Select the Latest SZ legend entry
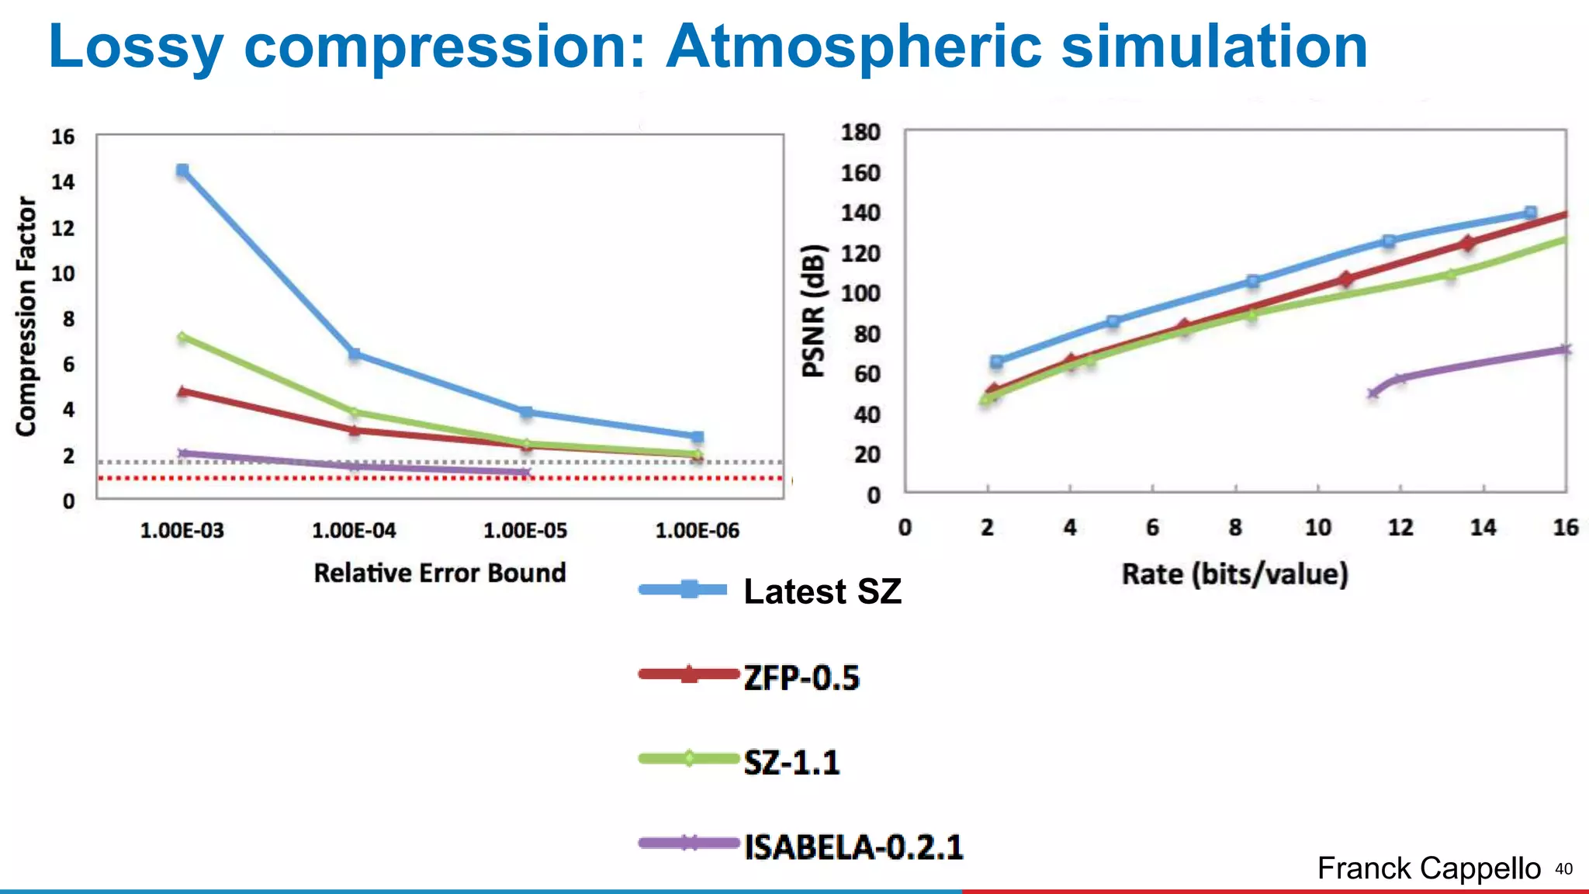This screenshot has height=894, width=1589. tap(822, 591)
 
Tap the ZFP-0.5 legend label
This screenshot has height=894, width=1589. tap(801, 677)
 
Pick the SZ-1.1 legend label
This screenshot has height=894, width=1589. tap(791, 762)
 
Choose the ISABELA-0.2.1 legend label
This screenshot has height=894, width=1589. tap(853, 847)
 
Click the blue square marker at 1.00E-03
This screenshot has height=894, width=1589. tap(182, 170)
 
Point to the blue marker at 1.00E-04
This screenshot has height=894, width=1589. tap(355, 354)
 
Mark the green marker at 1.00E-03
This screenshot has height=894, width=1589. tap(182, 337)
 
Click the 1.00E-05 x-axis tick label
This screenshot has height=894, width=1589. tap(525, 531)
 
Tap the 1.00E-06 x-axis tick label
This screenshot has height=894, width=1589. tap(697, 531)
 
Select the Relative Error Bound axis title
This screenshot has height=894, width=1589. tap(440, 573)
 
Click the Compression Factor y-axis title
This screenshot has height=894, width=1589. tap(26, 316)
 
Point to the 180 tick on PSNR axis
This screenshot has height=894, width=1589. tap(860, 133)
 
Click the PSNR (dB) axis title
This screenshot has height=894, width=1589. tap(814, 311)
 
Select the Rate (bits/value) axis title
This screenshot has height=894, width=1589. tap(1234, 574)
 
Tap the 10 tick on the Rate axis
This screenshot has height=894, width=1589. tap(1317, 528)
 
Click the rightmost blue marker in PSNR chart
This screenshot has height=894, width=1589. tap(1530, 213)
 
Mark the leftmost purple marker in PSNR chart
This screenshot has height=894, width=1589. tap(1373, 393)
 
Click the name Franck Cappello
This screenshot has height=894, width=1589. tap(1428, 868)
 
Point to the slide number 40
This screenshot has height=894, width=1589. tap(1563, 869)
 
